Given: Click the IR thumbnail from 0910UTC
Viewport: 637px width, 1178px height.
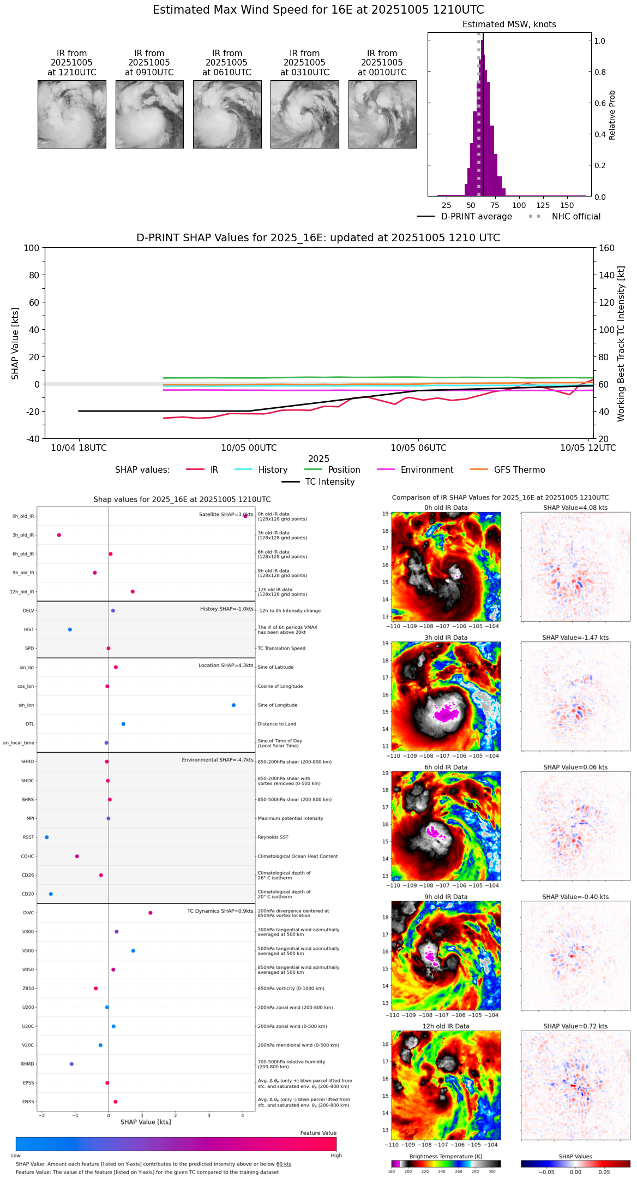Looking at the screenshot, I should [x=149, y=114].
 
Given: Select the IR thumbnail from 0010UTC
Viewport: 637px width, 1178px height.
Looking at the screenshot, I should [x=382, y=114].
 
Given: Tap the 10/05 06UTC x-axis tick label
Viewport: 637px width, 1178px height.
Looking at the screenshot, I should [x=418, y=448].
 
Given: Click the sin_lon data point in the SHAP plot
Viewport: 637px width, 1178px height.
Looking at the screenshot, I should [x=233, y=705].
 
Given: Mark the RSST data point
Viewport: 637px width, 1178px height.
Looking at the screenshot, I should [x=47, y=837].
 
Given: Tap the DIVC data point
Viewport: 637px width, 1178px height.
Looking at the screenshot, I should [x=151, y=913].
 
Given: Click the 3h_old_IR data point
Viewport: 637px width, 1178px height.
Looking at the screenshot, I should [x=59, y=535].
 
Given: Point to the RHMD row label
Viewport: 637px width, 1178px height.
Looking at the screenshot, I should [x=27, y=1064].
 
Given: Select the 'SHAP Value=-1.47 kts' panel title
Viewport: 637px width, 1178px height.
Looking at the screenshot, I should [x=575, y=638].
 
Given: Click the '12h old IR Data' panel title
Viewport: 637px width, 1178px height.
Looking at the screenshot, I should [x=446, y=1026].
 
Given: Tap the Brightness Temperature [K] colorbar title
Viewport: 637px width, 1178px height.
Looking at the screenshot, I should [x=446, y=1156].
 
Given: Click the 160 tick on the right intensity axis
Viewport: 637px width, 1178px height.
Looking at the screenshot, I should [x=606, y=248].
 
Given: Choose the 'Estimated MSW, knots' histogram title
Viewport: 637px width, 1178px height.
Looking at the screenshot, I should [x=509, y=25].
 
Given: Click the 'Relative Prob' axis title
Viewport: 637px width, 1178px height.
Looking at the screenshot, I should [x=612, y=115].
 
